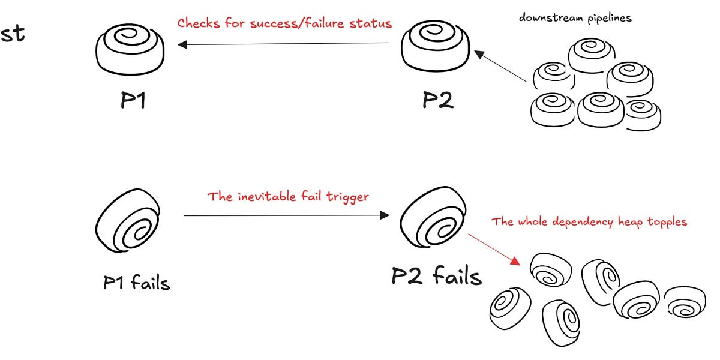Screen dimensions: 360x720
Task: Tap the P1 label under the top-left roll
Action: (133, 100)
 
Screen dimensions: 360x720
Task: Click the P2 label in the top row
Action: (437, 100)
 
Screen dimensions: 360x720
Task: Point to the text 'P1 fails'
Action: (137, 282)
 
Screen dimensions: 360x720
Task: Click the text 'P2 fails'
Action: (436, 276)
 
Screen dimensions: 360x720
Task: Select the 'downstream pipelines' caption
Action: (575, 18)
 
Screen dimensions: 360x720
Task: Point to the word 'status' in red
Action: (373, 24)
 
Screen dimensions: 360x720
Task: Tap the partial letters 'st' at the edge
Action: (12, 34)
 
